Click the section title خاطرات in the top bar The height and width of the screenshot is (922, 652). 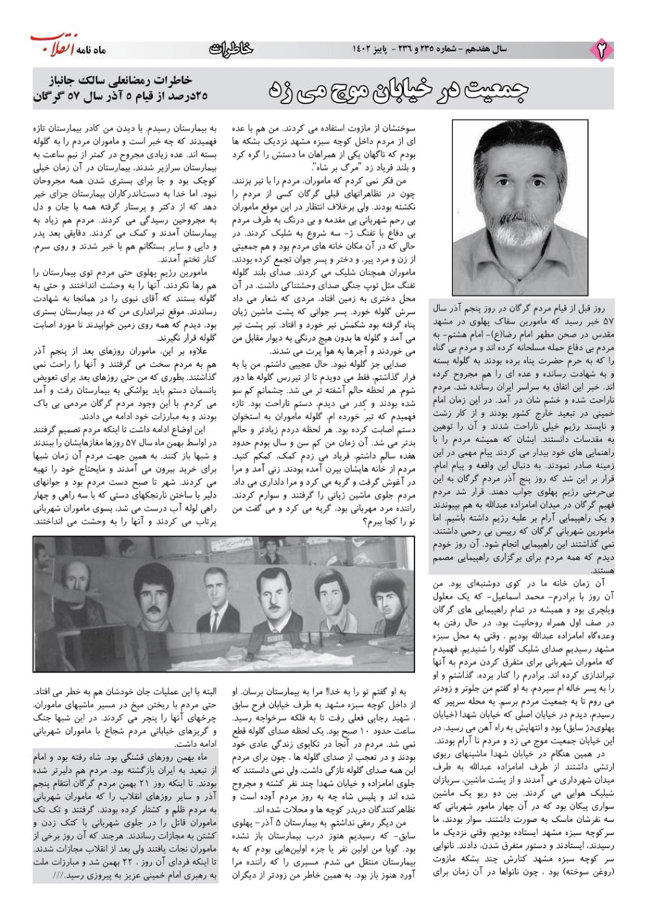[231, 49]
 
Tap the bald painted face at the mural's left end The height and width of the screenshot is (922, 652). [75, 587]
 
